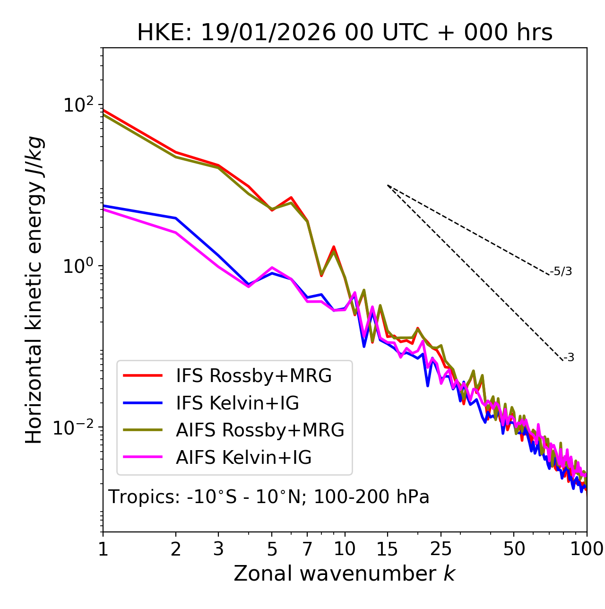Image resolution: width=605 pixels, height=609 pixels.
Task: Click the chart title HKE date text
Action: coord(345,33)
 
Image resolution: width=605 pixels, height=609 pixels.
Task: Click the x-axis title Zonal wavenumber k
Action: coord(344,574)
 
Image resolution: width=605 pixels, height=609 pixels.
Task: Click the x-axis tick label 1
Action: coord(103,549)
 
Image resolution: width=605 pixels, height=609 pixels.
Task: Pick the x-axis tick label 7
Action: coord(307,549)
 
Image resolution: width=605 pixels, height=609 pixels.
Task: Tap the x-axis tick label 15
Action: coord(387,549)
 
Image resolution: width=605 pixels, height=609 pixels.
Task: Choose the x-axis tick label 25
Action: coord(441,549)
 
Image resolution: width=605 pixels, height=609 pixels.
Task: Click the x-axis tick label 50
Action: coord(514,549)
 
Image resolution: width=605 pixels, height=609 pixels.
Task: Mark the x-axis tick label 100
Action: coord(587,549)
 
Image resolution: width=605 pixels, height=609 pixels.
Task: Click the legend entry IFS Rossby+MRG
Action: coord(254,376)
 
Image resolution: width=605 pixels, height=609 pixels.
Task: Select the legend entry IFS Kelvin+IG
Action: coord(237,403)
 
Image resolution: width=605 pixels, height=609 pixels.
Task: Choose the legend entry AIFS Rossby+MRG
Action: coord(260,430)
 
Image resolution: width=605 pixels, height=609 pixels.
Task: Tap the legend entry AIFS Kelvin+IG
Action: coord(243,458)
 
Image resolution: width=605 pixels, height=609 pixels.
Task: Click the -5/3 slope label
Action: coord(561,271)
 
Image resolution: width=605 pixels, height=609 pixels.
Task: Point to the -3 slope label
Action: coord(569,358)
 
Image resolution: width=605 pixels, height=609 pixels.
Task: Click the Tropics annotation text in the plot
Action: coord(269,497)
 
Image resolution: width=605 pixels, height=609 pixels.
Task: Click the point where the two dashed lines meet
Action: coord(388,185)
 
